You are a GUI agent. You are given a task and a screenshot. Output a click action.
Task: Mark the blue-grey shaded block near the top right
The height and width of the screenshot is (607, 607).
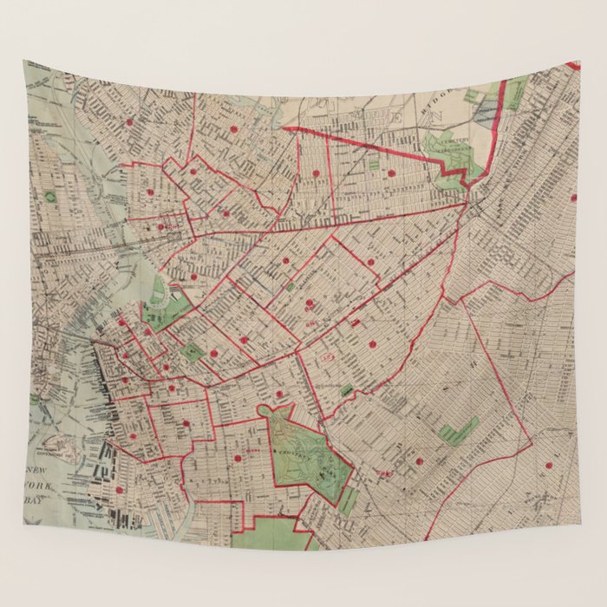(x=487, y=109)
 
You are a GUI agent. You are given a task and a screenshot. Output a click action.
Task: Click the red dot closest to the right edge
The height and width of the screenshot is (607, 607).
(x=573, y=198)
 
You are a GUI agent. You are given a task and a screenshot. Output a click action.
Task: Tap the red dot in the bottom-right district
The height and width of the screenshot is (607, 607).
(x=547, y=465)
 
